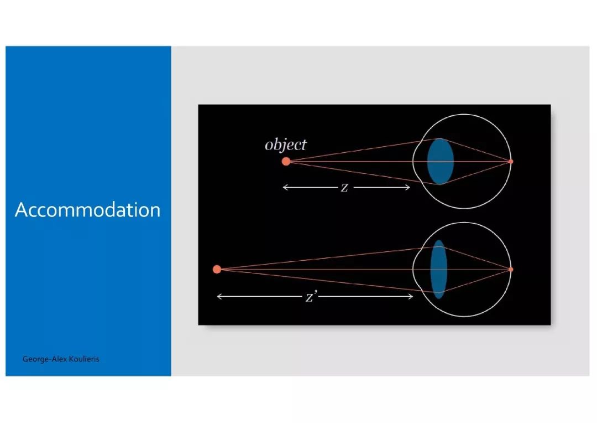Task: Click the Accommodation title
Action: pos(87,210)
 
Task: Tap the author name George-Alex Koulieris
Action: pos(61,359)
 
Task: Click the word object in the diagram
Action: pos(286,145)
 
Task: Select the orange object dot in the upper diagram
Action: pos(286,161)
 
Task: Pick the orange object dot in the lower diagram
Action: pos(217,269)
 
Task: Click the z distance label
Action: pos(344,187)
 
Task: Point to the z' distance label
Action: pos(311,296)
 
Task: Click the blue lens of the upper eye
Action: pos(440,161)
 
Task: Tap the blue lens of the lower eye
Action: pos(438,269)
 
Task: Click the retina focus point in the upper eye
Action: pos(511,161)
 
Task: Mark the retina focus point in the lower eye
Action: pos(511,269)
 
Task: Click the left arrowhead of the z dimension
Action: pos(283,187)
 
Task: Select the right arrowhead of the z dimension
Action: pos(410,187)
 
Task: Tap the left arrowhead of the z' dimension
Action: pos(217,296)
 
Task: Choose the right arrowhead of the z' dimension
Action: pos(412,296)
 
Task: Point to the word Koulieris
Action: pos(85,359)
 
